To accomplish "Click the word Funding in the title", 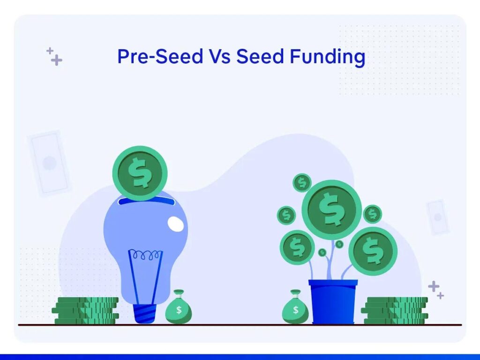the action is pos(327,57).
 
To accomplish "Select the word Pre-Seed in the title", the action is pos(160,56).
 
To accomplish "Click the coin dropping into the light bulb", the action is pos(140,173).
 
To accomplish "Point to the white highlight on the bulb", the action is pos(176,224).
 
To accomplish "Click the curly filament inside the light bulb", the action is pos(145,255).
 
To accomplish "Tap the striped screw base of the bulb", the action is pos(145,314).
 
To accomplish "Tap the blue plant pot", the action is pos(333,301).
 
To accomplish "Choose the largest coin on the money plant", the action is pos(331,210).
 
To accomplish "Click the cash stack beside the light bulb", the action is pos(85,310).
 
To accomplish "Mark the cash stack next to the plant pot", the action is pos(395,310).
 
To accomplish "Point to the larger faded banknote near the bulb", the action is pos(49,163).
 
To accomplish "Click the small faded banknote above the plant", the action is pos(438,217).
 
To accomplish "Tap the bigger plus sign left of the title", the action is pos(57,60).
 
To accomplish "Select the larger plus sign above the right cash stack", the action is pos(434,286).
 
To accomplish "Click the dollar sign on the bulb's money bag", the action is pos(179,310).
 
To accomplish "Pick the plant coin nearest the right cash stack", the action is pos(373,251).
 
